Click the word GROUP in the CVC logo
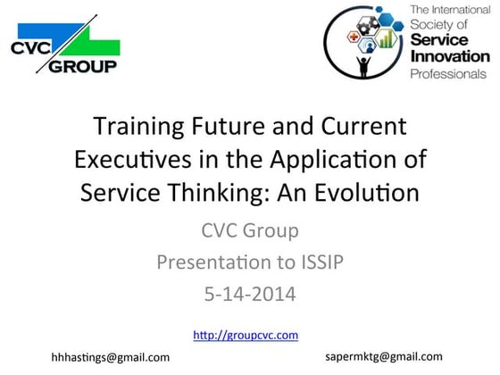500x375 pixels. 83,66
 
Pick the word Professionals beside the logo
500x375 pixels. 449,74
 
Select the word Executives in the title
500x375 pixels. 121,160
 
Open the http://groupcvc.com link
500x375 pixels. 246,335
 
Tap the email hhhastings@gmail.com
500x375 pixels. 110,356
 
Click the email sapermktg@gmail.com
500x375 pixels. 386,354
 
